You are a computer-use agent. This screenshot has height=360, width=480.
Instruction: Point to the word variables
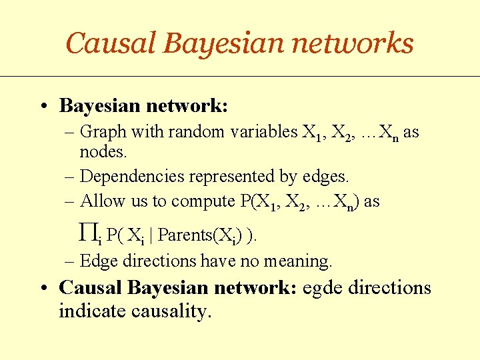[x=263, y=132]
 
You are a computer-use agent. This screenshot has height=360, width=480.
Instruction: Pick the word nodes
[x=103, y=152]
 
